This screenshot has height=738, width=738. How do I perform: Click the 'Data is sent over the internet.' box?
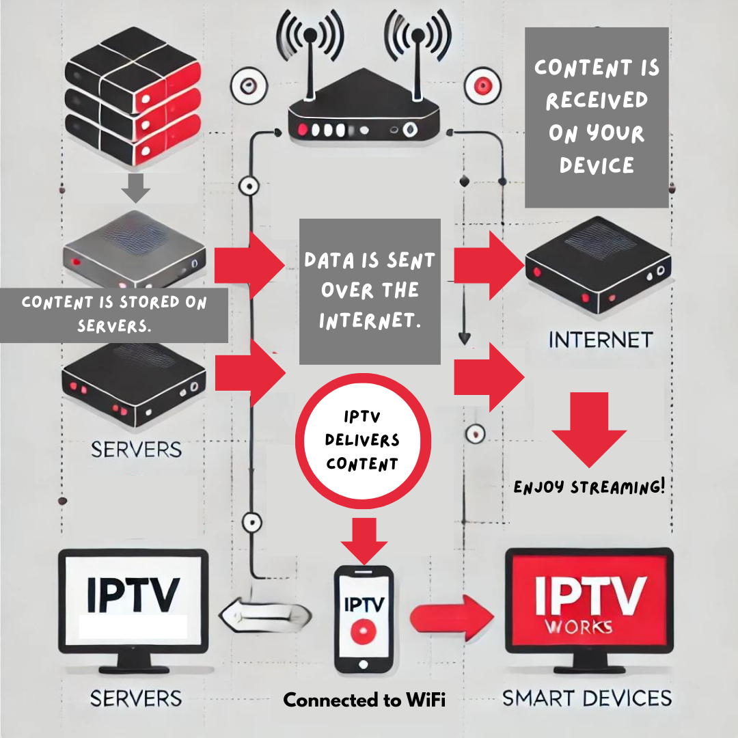[x=370, y=291]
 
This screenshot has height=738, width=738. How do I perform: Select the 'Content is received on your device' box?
[x=596, y=117]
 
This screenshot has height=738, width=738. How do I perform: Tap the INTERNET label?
[x=601, y=340]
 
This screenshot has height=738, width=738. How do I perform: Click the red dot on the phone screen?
[x=364, y=632]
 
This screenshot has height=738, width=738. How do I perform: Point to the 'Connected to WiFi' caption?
[x=364, y=700]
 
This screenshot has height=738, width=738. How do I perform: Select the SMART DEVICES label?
[x=587, y=698]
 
